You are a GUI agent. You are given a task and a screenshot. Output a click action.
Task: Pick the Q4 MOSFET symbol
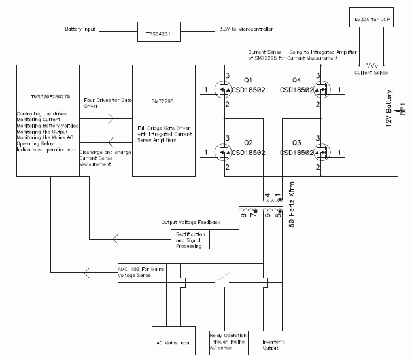coord(320,90)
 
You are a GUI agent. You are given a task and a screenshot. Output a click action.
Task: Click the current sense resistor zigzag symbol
coord(372,65)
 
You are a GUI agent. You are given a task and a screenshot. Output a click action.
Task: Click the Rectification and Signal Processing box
coord(192,239)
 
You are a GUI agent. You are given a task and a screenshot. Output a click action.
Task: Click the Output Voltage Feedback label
coord(190,223)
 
